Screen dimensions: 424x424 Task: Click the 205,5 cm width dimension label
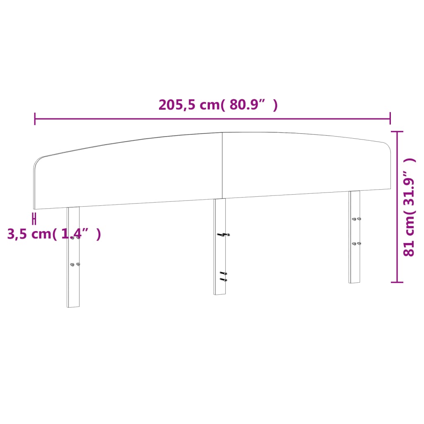pyautogui.click(x=218, y=105)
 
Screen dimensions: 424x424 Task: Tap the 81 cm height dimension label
pyautogui.click(x=409, y=207)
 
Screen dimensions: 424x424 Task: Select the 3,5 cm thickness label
pyautogui.click(x=54, y=234)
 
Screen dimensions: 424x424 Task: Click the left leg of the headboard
pyautogui.click(x=73, y=282)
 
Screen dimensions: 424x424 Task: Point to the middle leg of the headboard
pyautogui.click(x=220, y=257)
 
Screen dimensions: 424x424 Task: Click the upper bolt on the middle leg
pyautogui.click(x=223, y=235)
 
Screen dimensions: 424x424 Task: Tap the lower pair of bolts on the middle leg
pyautogui.click(x=223, y=277)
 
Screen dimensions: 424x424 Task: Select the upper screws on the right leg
pyautogui.click(x=356, y=219)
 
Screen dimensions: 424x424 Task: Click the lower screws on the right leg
pyautogui.click(x=356, y=243)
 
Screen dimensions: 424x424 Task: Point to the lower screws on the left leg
pyautogui.click(x=75, y=264)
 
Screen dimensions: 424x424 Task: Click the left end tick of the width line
pyautogui.click(x=35, y=118)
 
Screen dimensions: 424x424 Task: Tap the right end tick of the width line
pyautogui.click(x=390, y=118)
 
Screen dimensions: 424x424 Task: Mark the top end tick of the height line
pyautogui.click(x=397, y=132)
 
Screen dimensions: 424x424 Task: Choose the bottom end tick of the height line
pyautogui.click(x=397, y=282)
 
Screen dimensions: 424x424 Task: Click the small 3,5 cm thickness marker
pyautogui.click(x=35, y=218)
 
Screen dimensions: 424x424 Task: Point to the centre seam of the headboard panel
pyautogui.click(x=222, y=166)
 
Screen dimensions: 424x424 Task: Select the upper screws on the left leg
pyautogui.click(x=75, y=238)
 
